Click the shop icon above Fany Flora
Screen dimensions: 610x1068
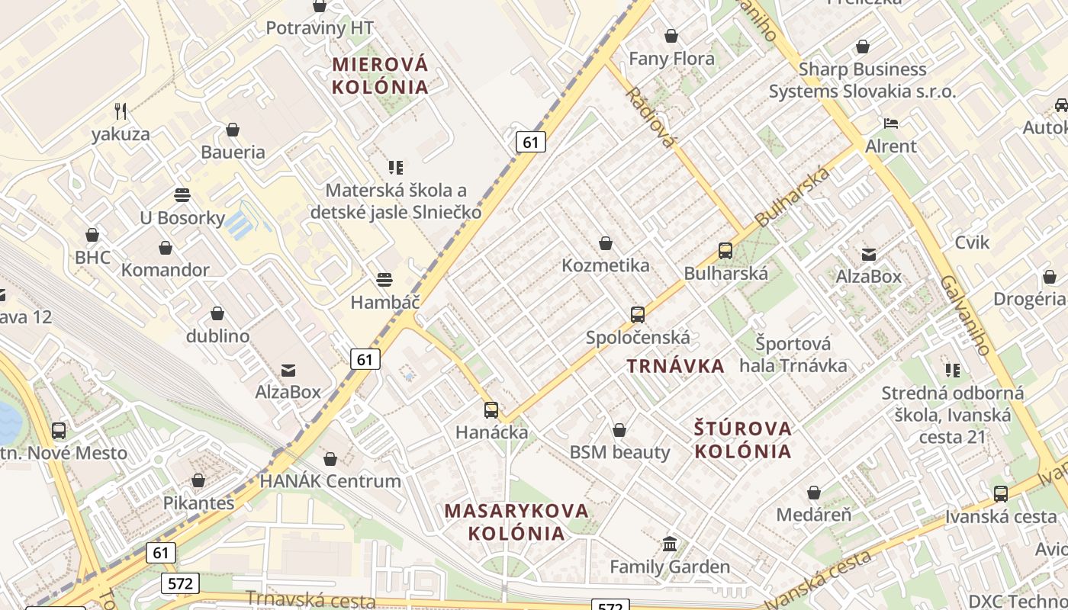(671, 36)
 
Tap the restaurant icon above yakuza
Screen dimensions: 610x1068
(121, 111)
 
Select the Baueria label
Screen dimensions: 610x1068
(233, 152)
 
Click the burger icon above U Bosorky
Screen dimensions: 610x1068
(182, 195)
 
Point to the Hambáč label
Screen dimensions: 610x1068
(384, 302)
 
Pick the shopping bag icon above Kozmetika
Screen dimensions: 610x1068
(606, 243)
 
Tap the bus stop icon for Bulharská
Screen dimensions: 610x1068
(725, 250)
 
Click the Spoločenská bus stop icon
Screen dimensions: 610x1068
(638, 314)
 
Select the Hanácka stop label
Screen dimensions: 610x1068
(491, 432)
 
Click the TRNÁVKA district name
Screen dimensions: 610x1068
(675, 366)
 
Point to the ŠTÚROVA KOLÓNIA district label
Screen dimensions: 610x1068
(743, 439)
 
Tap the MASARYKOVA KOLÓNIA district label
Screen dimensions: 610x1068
(516, 522)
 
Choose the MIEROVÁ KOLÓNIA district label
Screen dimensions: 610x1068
(380, 75)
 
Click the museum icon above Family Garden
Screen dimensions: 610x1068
(670, 544)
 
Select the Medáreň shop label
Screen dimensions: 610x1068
(813, 515)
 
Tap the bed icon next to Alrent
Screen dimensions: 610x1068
(890, 124)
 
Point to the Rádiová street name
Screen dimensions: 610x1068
(651, 117)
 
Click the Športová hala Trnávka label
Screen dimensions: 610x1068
(793, 355)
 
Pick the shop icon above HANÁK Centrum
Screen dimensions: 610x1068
(330, 459)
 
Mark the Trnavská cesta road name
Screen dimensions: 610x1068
(310, 602)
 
